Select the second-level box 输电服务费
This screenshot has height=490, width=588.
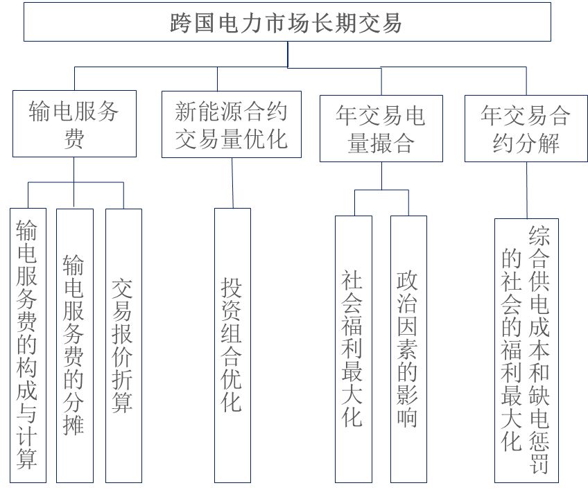pyautogui.click(x=74, y=124)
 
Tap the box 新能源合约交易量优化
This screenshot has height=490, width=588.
pyautogui.click(x=231, y=124)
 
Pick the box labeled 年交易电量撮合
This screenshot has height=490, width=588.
pyautogui.click(x=381, y=128)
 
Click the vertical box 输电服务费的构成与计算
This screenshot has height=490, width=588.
pyautogui.click(x=28, y=344)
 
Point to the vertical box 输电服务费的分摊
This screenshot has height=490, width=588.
pyautogui.click(x=74, y=344)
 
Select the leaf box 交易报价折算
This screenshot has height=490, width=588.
pyautogui.click(x=123, y=344)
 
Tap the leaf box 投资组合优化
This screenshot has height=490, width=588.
pyautogui.click(x=232, y=344)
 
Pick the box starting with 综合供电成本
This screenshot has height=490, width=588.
pyautogui.click(x=526, y=350)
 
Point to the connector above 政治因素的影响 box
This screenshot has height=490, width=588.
pyautogui.click(x=408, y=203)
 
